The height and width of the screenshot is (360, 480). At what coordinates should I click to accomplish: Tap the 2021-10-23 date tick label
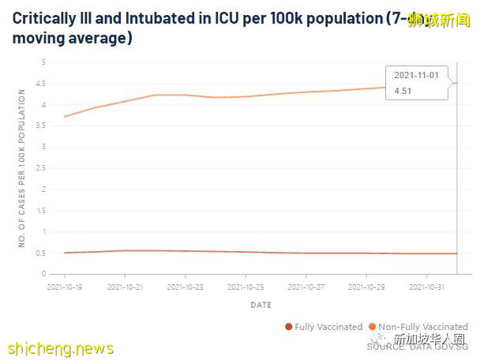point(184,287)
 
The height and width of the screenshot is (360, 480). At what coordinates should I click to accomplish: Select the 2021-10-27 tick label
point(306,287)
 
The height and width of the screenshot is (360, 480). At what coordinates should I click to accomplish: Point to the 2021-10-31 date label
point(426,287)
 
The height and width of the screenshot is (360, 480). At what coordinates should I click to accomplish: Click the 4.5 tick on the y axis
point(43,84)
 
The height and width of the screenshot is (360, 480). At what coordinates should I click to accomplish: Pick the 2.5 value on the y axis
point(43,168)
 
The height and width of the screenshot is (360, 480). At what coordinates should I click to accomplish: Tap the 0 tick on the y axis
point(45,274)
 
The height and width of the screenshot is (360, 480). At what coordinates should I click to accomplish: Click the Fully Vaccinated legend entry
point(324,327)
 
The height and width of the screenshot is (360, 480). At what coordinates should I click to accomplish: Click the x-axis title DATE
point(261,304)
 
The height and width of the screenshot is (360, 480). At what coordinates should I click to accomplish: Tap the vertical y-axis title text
point(22,168)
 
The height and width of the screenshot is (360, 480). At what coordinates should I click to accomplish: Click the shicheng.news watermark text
point(61,348)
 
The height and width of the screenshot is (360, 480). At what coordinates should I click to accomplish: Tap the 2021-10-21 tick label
point(124,287)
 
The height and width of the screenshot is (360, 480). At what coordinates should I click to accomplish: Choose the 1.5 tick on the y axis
point(43,211)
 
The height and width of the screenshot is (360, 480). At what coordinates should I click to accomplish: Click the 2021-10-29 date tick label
point(366,287)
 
